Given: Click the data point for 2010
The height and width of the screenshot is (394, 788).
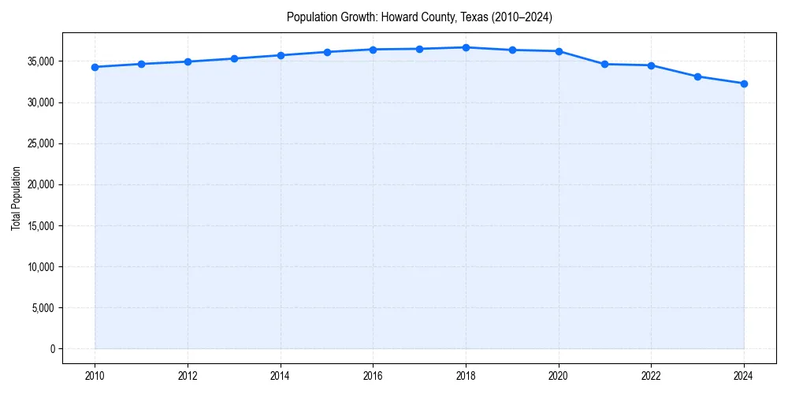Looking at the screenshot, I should [95, 67].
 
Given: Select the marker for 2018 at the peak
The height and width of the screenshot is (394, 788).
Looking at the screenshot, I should [466, 47].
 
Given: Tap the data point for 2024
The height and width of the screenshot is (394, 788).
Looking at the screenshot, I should [744, 84].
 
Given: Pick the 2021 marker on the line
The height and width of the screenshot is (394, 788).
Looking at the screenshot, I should [605, 64].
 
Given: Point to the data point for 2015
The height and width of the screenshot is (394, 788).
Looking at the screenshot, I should [327, 52].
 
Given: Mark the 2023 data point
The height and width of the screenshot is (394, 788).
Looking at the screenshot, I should [697, 76].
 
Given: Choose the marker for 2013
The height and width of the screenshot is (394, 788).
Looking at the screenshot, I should [234, 58].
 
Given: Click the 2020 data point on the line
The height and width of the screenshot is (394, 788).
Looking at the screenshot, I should [559, 51].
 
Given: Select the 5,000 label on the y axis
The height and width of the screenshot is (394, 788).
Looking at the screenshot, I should [43, 307].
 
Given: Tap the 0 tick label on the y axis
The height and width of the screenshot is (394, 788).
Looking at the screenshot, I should [52, 348].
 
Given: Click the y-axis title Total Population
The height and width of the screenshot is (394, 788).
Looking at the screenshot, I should [16, 198].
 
